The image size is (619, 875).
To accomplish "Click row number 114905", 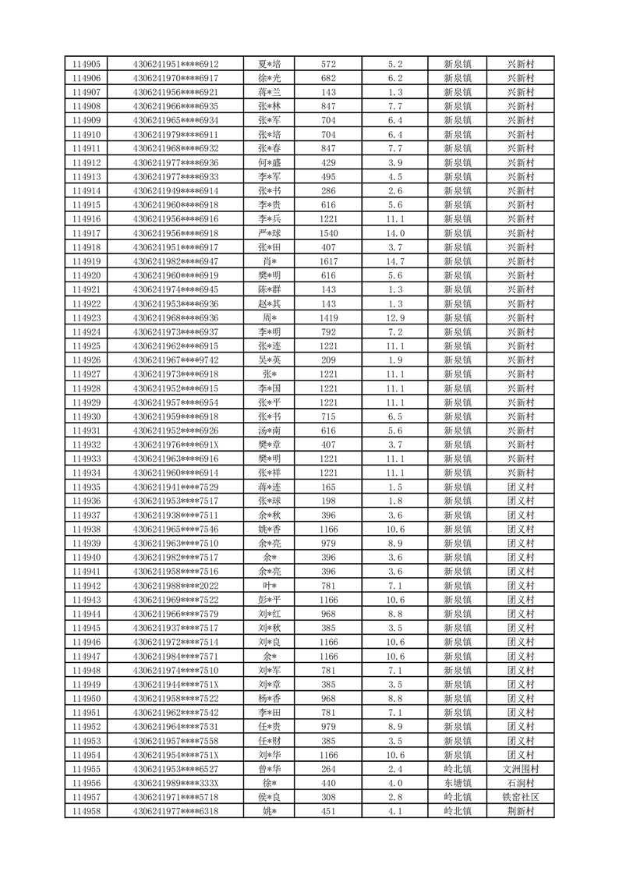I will point(86,64).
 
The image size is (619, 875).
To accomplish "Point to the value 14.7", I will point(395,261).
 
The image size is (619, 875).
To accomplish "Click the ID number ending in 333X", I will point(176,783).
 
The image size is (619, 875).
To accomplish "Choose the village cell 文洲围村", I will point(520,769).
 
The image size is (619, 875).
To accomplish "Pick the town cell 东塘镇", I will point(457,783).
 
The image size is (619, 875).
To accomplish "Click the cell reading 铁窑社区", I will point(520,797).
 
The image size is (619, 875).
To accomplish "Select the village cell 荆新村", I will point(520,811).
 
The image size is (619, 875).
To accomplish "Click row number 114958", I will point(86,811).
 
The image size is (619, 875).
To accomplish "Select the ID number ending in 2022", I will point(176,586).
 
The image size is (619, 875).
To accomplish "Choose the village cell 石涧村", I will point(520,783).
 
